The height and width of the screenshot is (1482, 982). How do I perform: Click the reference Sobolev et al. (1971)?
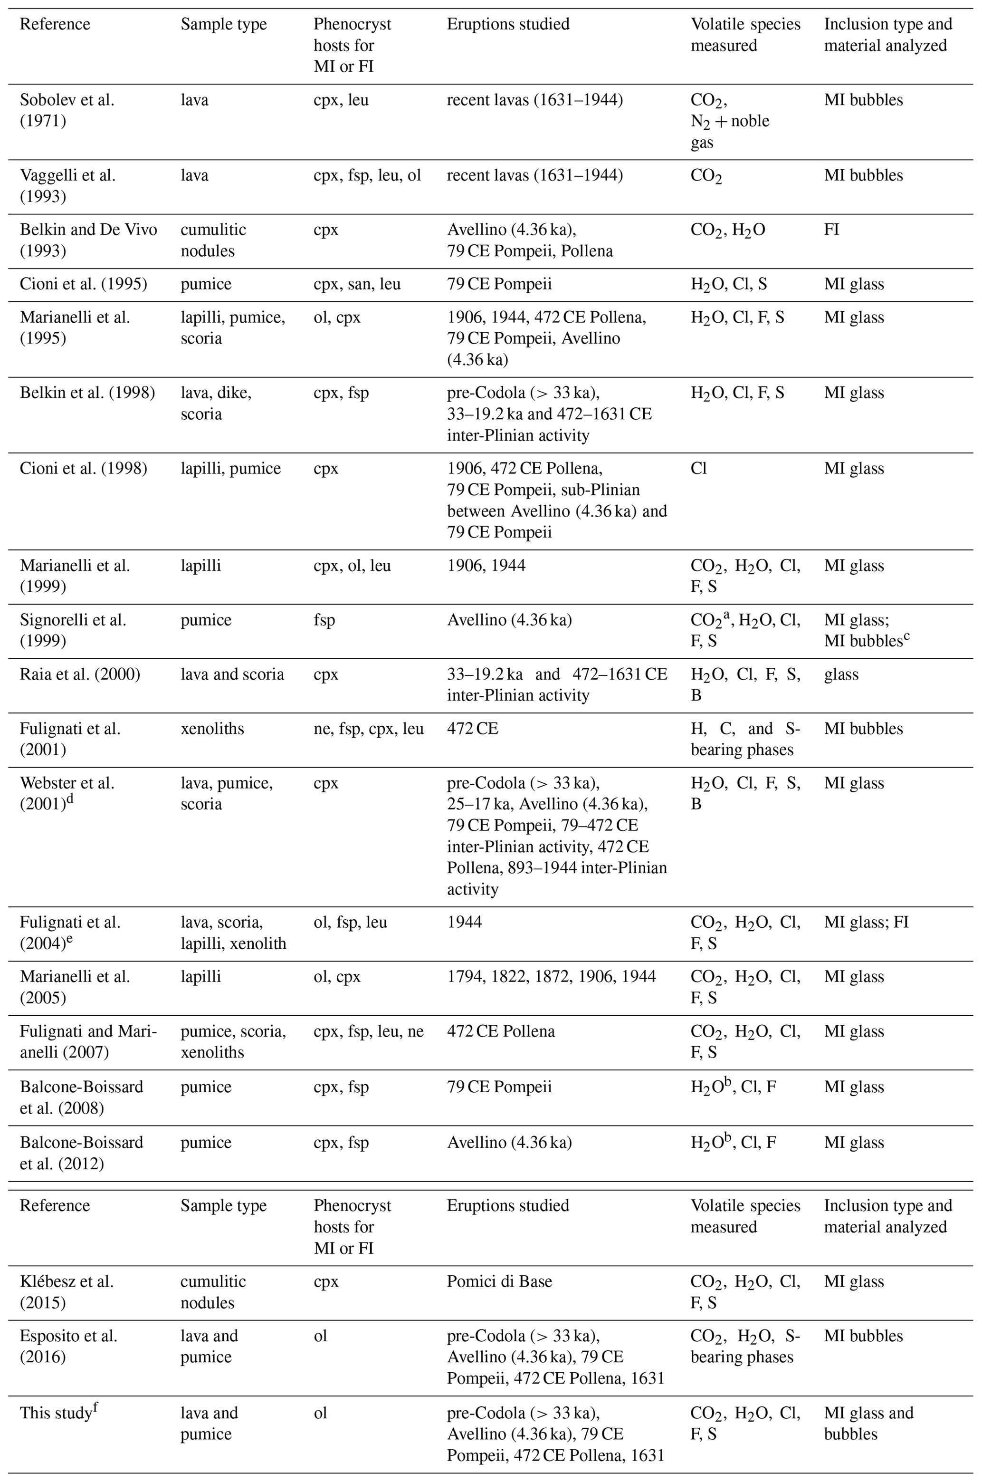tap(67, 110)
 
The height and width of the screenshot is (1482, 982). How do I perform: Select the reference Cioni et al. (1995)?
tap(83, 284)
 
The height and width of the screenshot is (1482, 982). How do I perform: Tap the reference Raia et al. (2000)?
tap(79, 674)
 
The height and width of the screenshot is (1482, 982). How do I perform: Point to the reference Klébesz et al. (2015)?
tap(67, 1292)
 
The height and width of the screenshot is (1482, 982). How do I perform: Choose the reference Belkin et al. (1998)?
tap(87, 394)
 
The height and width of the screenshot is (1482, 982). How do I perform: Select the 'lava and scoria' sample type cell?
tap(232, 674)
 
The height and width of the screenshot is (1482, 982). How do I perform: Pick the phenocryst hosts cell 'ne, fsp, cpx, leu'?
tap(368, 729)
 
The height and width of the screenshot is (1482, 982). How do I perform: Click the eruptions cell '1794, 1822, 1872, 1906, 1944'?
tap(551, 977)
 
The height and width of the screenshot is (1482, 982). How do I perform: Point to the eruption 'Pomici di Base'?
tap(499, 1281)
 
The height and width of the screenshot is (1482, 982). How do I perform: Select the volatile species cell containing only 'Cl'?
tap(698, 469)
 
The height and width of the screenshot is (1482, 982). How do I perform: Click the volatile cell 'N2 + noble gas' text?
tap(730, 132)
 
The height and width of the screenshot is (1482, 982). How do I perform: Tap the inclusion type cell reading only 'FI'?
tap(831, 230)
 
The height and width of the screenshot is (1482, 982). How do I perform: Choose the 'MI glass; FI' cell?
tap(866, 922)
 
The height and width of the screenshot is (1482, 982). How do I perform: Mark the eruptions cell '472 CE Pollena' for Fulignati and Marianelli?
tap(500, 1031)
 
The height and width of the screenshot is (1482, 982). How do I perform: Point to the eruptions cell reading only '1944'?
tap(464, 922)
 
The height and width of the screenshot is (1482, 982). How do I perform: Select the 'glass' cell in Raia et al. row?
tap(841, 674)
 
